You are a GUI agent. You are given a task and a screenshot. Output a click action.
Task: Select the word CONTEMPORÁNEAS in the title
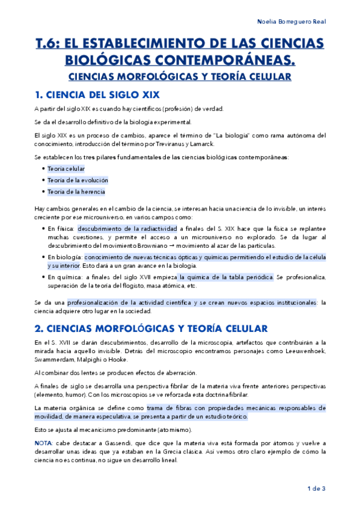[230, 60]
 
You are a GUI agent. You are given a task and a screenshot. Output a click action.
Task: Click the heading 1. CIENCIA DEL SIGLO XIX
[97, 94]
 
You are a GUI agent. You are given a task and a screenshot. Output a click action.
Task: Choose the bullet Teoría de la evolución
[78, 180]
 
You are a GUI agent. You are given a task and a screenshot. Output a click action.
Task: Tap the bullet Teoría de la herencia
[76, 192]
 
